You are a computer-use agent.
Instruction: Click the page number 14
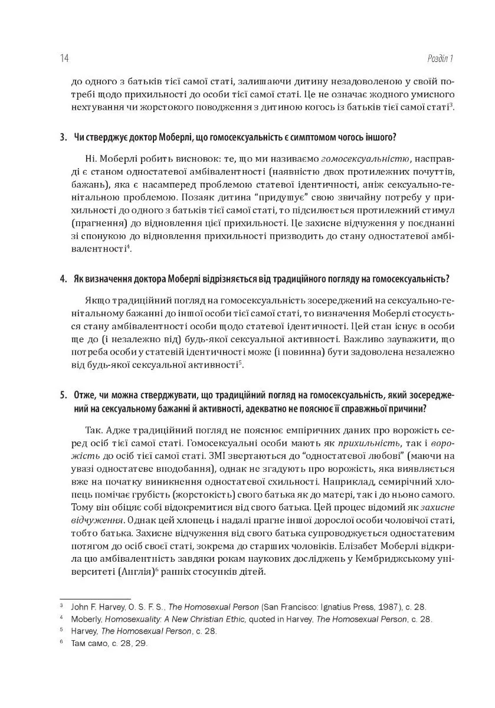pos(64,58)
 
